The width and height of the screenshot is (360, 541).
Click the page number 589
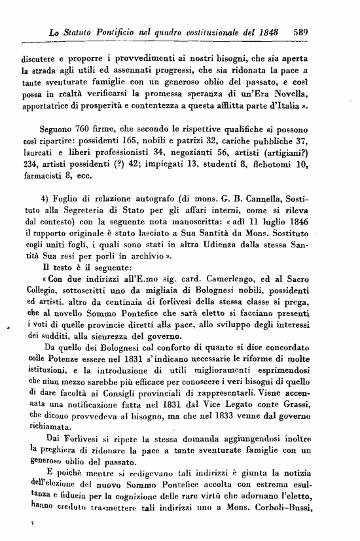300,31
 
